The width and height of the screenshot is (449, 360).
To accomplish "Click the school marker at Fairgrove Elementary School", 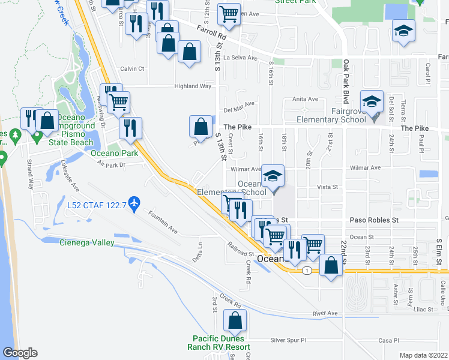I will point(372,101).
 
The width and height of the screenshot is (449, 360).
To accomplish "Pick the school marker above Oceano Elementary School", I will point(273,176).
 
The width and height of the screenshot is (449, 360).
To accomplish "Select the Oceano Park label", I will point(114,153).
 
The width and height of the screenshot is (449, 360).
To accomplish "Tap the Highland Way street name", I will point(193,86).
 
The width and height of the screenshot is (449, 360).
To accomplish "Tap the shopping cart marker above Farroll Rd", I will point(229,14).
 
